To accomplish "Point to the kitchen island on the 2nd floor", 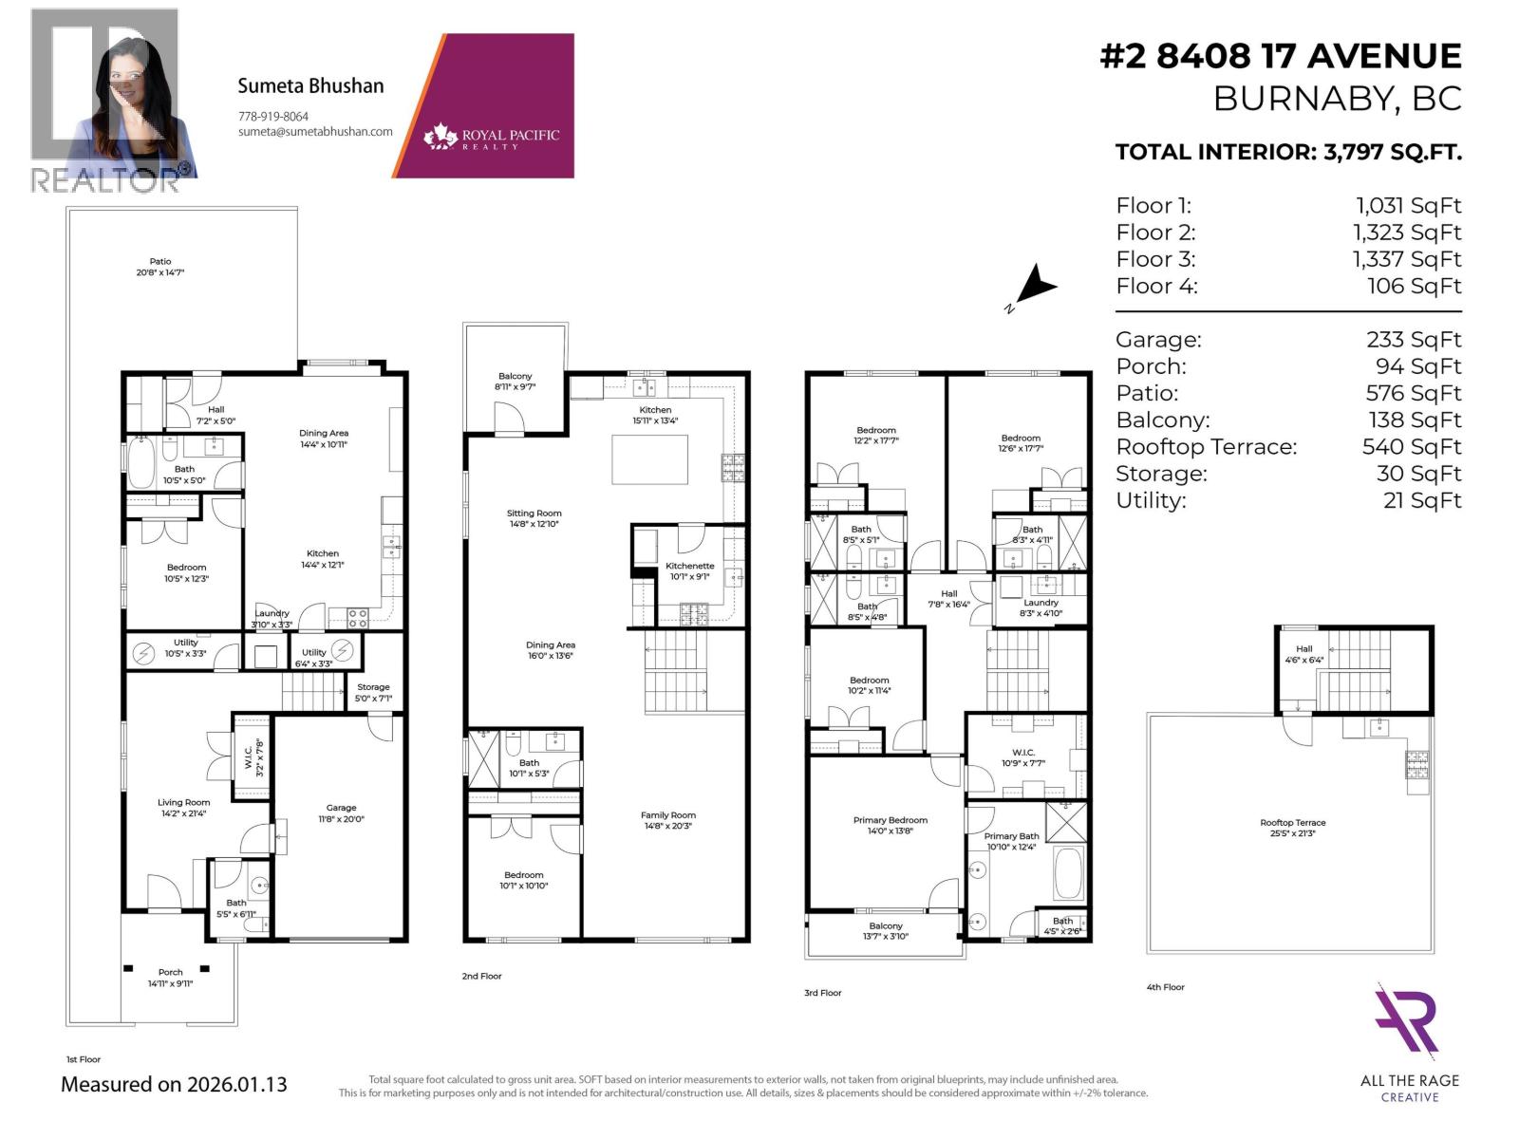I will pos(649,460).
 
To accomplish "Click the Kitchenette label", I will pos(689,566).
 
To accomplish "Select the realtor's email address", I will pos(315,132).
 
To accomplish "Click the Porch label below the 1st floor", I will pos(170,972).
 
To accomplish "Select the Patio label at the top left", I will pos(159,261).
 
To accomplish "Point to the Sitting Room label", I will pos(534,513).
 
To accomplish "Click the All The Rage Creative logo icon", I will pos(1409,1022).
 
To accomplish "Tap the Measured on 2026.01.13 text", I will pos(174,1084).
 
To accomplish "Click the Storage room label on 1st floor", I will pos(373,687).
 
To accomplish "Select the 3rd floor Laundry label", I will pos(1041,603).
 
